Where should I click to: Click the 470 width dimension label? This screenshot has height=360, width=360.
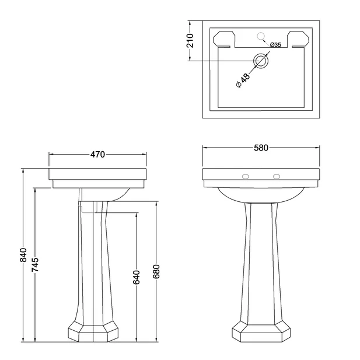97,155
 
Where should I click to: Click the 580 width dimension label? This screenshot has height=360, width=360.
261,148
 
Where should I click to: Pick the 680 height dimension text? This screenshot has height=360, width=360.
156,271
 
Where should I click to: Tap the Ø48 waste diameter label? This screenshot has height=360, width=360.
243,81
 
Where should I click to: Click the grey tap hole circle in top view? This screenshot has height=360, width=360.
261,37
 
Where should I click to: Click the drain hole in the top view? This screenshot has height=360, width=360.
261,61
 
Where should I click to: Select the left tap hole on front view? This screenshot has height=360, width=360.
246,174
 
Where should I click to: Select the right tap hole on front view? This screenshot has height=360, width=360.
277,174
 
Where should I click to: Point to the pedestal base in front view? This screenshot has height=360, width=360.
261,331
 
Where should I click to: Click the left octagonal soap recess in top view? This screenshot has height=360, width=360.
223,39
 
